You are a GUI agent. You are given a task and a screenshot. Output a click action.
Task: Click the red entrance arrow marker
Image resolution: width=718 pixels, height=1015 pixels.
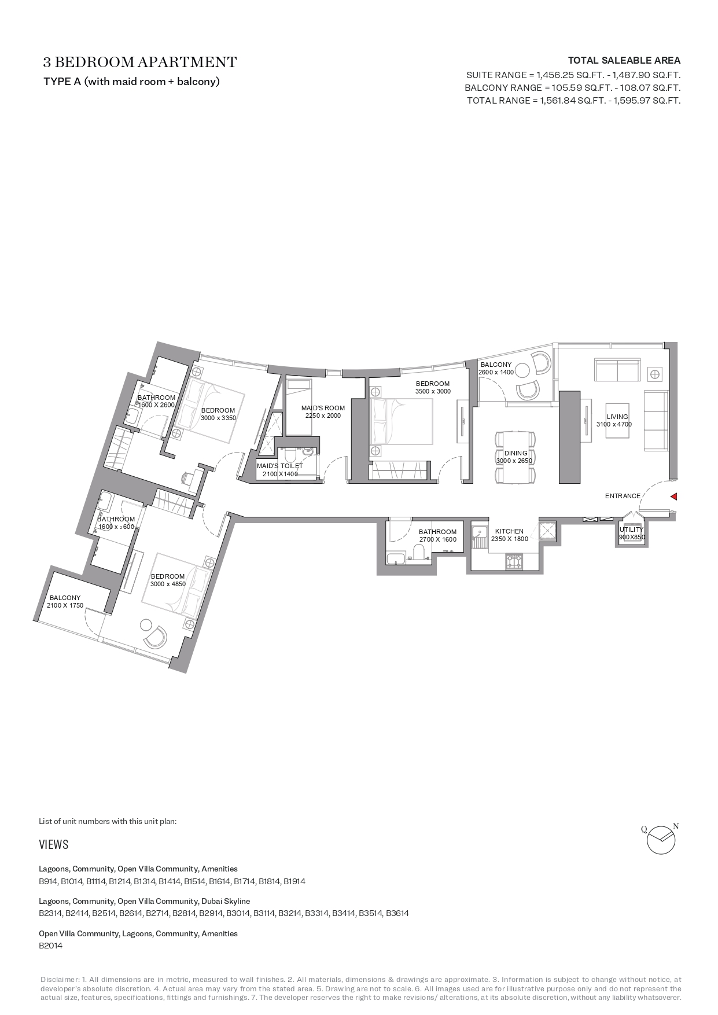pyautogui.click(x=673, y=497)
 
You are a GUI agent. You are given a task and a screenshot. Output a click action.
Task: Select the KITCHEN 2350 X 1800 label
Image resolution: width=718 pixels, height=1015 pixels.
pyautogui.click(x=509, y=535)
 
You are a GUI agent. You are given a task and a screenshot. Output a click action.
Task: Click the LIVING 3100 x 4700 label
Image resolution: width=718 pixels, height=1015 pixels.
pyautogui.click(x=617, y=420)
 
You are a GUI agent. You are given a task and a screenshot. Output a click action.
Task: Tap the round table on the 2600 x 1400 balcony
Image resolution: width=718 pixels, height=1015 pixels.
pyautogui.click(x=522, y=370)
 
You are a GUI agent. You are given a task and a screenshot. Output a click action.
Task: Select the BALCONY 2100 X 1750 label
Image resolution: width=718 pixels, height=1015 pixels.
pyautogui.click(x=65, y=601)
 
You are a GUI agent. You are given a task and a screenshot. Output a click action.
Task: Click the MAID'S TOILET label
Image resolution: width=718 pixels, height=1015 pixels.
pyautogui.click(x=280, y=470)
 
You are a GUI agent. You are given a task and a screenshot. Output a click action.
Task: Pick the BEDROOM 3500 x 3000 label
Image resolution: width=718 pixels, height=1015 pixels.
pyautogui.click(x=432, y=387)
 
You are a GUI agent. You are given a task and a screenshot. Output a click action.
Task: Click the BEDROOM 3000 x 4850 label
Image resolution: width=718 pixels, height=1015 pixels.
pyautogui.click(x=168, y=580)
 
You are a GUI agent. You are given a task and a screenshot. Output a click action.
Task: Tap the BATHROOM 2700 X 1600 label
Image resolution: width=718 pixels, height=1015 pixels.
pyautogui.click(x=437, y=535)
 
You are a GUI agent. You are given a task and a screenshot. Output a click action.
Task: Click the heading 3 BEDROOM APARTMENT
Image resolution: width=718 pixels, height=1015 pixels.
pyautogui.click(x=140, y=62)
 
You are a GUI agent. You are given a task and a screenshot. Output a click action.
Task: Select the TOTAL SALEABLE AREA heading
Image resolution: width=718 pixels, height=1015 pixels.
pyautogui.click(x=624, y=60)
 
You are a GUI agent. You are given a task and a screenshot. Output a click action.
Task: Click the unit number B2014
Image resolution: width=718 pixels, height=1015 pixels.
pyautogui.click(x=50, y=946)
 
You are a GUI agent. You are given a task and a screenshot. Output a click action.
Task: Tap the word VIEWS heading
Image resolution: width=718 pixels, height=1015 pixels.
pyautogui.click(x=54, y=844)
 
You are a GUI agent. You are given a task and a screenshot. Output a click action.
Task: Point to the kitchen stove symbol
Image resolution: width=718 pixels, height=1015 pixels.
pyautogui.click(x=514, y=560)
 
